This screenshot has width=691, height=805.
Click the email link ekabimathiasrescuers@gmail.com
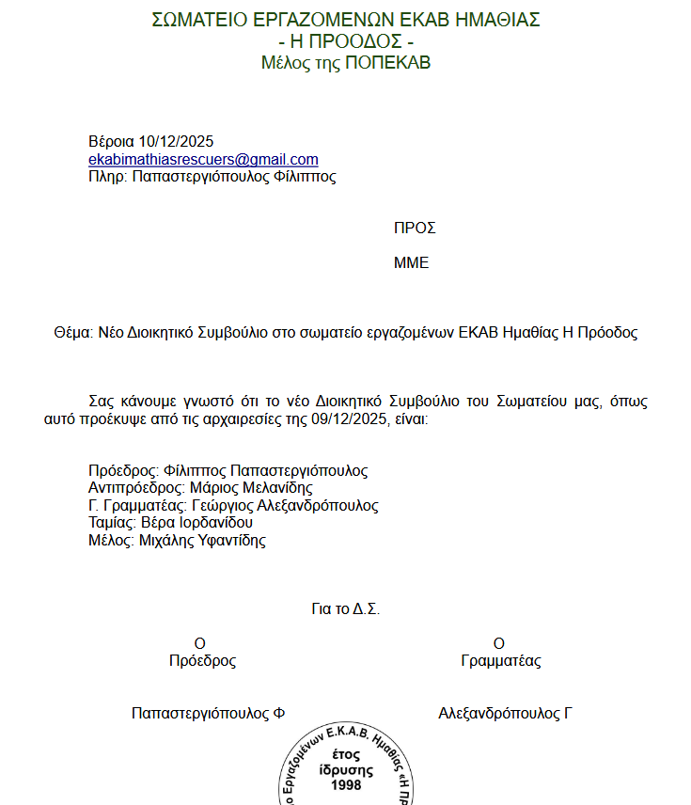point(203,160)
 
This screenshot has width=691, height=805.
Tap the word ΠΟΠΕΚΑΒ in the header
point(388,63)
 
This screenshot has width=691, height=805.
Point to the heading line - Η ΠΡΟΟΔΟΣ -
point(346,41)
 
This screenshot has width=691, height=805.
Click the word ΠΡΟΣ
point(415,229)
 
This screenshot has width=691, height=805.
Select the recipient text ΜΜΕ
point(411,263)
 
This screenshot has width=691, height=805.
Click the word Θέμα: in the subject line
point(74,333)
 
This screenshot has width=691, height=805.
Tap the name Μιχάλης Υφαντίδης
point(202,541)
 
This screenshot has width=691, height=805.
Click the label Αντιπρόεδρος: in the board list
point(136,488)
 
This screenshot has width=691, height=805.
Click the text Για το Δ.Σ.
point(345,609)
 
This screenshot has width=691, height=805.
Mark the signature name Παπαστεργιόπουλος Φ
point(208,714)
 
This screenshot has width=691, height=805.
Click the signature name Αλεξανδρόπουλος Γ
point(505,714)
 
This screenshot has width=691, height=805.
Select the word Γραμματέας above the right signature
point(501,661)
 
